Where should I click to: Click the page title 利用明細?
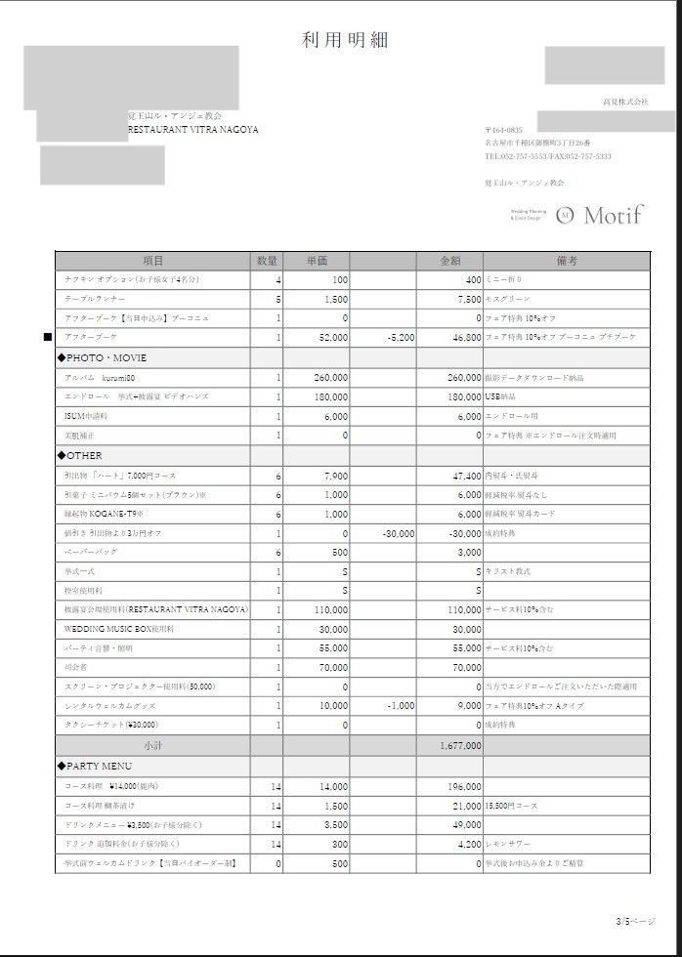coord(345,40)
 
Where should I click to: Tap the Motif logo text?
coord(613,215)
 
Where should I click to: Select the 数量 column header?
coord(268,261)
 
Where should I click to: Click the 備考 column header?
coord(567,261)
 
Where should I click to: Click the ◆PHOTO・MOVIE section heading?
coord(102,358)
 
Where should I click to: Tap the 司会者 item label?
coord(75,668)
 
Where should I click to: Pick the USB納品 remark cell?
coord(500,397)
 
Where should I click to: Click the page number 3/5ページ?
coord(635,921)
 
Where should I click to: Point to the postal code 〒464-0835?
coord(504,130)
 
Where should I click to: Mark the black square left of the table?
coord(47,338)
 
